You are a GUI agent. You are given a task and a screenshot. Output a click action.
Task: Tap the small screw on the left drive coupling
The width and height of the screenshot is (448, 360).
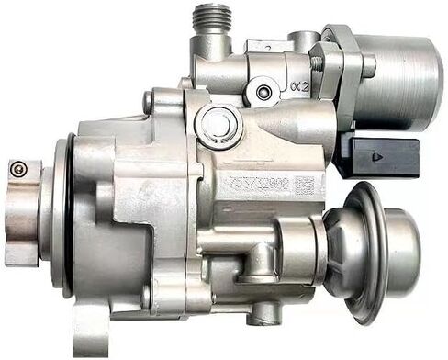click(x=17, y=167)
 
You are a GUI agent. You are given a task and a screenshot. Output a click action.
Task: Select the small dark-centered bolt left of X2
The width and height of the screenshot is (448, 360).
click(x=265, y=92)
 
